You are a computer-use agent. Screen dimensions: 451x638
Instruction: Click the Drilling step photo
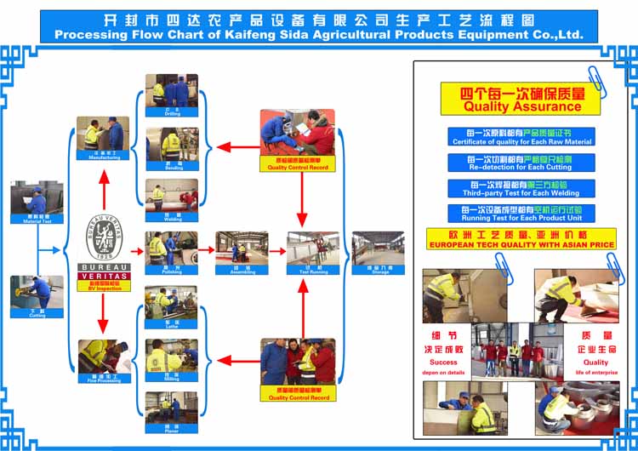172,90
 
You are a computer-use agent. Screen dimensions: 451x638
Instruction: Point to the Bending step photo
172,144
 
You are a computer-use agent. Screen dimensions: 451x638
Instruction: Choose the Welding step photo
172,196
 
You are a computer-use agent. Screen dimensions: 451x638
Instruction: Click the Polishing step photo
172,248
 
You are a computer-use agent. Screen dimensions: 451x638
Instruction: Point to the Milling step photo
172,357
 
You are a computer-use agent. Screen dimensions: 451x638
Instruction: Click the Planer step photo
172,409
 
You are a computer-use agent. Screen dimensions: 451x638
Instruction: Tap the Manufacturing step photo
104,135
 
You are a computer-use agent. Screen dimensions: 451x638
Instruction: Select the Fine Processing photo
104,357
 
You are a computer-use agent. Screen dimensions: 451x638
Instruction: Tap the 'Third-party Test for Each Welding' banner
521,188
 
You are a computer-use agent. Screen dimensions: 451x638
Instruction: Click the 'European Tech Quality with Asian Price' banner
521,239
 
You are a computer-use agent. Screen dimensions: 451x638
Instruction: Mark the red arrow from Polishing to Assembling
207,251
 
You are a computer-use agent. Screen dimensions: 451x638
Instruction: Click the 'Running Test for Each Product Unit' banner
521,214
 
